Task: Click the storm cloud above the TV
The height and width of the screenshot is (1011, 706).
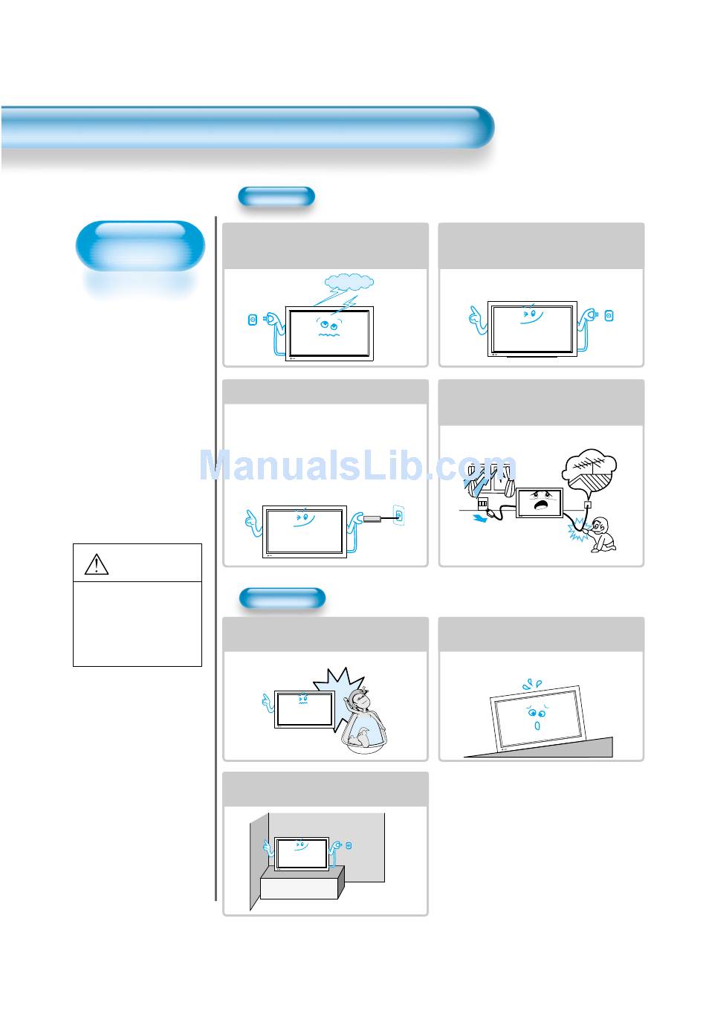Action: [349, 282]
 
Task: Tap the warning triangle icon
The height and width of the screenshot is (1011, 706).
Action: [97, 564]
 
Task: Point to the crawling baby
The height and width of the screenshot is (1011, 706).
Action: [603, 534]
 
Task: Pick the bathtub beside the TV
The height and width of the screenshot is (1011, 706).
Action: [364, 734]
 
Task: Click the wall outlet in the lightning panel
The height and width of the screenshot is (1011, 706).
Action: [253, 320]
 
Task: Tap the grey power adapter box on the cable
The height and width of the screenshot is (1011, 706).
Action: [372, 519]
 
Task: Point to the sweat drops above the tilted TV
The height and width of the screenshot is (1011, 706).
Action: [532, 685]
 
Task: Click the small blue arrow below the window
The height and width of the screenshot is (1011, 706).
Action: [480, 519]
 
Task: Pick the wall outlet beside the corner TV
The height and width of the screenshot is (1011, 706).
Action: [349, 846]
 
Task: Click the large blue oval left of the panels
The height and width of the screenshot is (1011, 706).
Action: [140, 246]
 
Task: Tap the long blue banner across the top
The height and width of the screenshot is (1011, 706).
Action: [247, 127]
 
